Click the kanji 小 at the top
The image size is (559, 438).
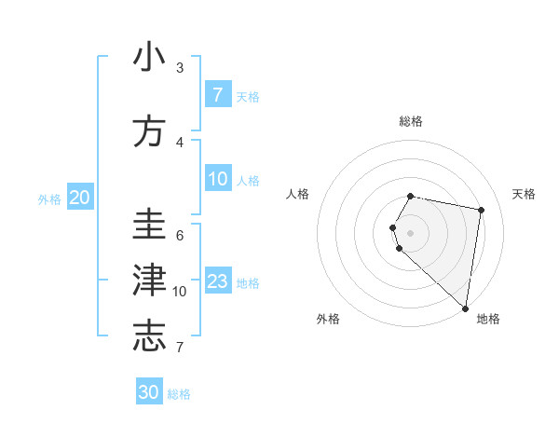click(149, 58)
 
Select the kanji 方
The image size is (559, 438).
click(149, 131)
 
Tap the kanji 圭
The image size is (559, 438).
click(149, 225)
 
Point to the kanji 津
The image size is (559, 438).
click(149, 281)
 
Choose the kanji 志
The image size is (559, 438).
click(149, 336)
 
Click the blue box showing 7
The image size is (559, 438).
click(218, 95)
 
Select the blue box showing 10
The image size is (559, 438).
click(218, 179)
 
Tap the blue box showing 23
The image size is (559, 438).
click(218, 281)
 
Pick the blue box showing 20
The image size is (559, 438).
click(79, 198)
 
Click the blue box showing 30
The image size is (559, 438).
click(149, 392)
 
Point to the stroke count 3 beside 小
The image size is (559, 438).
click(180, 68)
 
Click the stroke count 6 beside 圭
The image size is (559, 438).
click(180, 235)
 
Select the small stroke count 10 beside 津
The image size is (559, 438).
click(180, 292)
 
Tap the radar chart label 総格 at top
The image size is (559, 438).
click(411, 121)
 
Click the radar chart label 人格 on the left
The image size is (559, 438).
click(298, 194)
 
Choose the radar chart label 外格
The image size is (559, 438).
click(328, 319)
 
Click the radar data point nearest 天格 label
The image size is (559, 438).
click(481, 211)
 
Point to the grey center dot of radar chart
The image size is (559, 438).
click(410, 232)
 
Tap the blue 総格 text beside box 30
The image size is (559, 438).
click(179, 394)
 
